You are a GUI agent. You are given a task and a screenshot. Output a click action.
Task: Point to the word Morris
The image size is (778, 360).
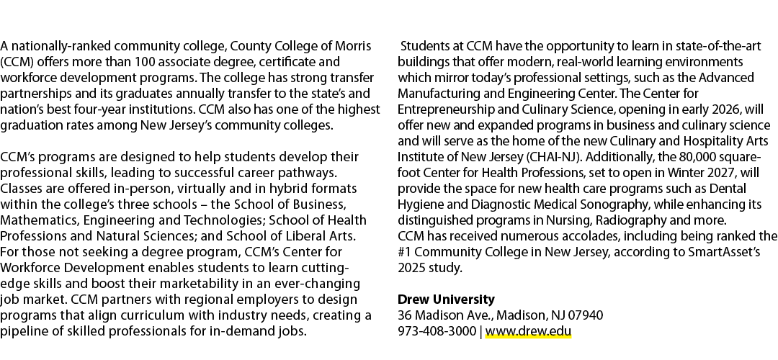(353, 46)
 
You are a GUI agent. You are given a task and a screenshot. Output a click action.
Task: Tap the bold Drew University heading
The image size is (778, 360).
(446, 300)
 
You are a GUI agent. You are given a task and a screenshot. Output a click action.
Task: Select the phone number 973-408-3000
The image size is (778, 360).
(437, 331)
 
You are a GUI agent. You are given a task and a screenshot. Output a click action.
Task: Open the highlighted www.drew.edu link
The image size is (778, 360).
(529, 331)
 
